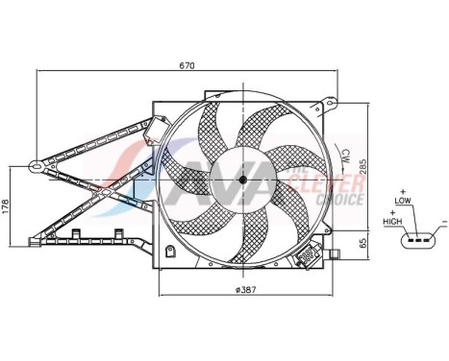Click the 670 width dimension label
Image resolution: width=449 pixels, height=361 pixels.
187,65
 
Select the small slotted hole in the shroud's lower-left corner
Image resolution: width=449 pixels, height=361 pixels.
169,253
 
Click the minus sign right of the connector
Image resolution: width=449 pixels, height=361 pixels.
442,222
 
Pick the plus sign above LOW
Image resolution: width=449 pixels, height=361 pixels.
404,192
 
